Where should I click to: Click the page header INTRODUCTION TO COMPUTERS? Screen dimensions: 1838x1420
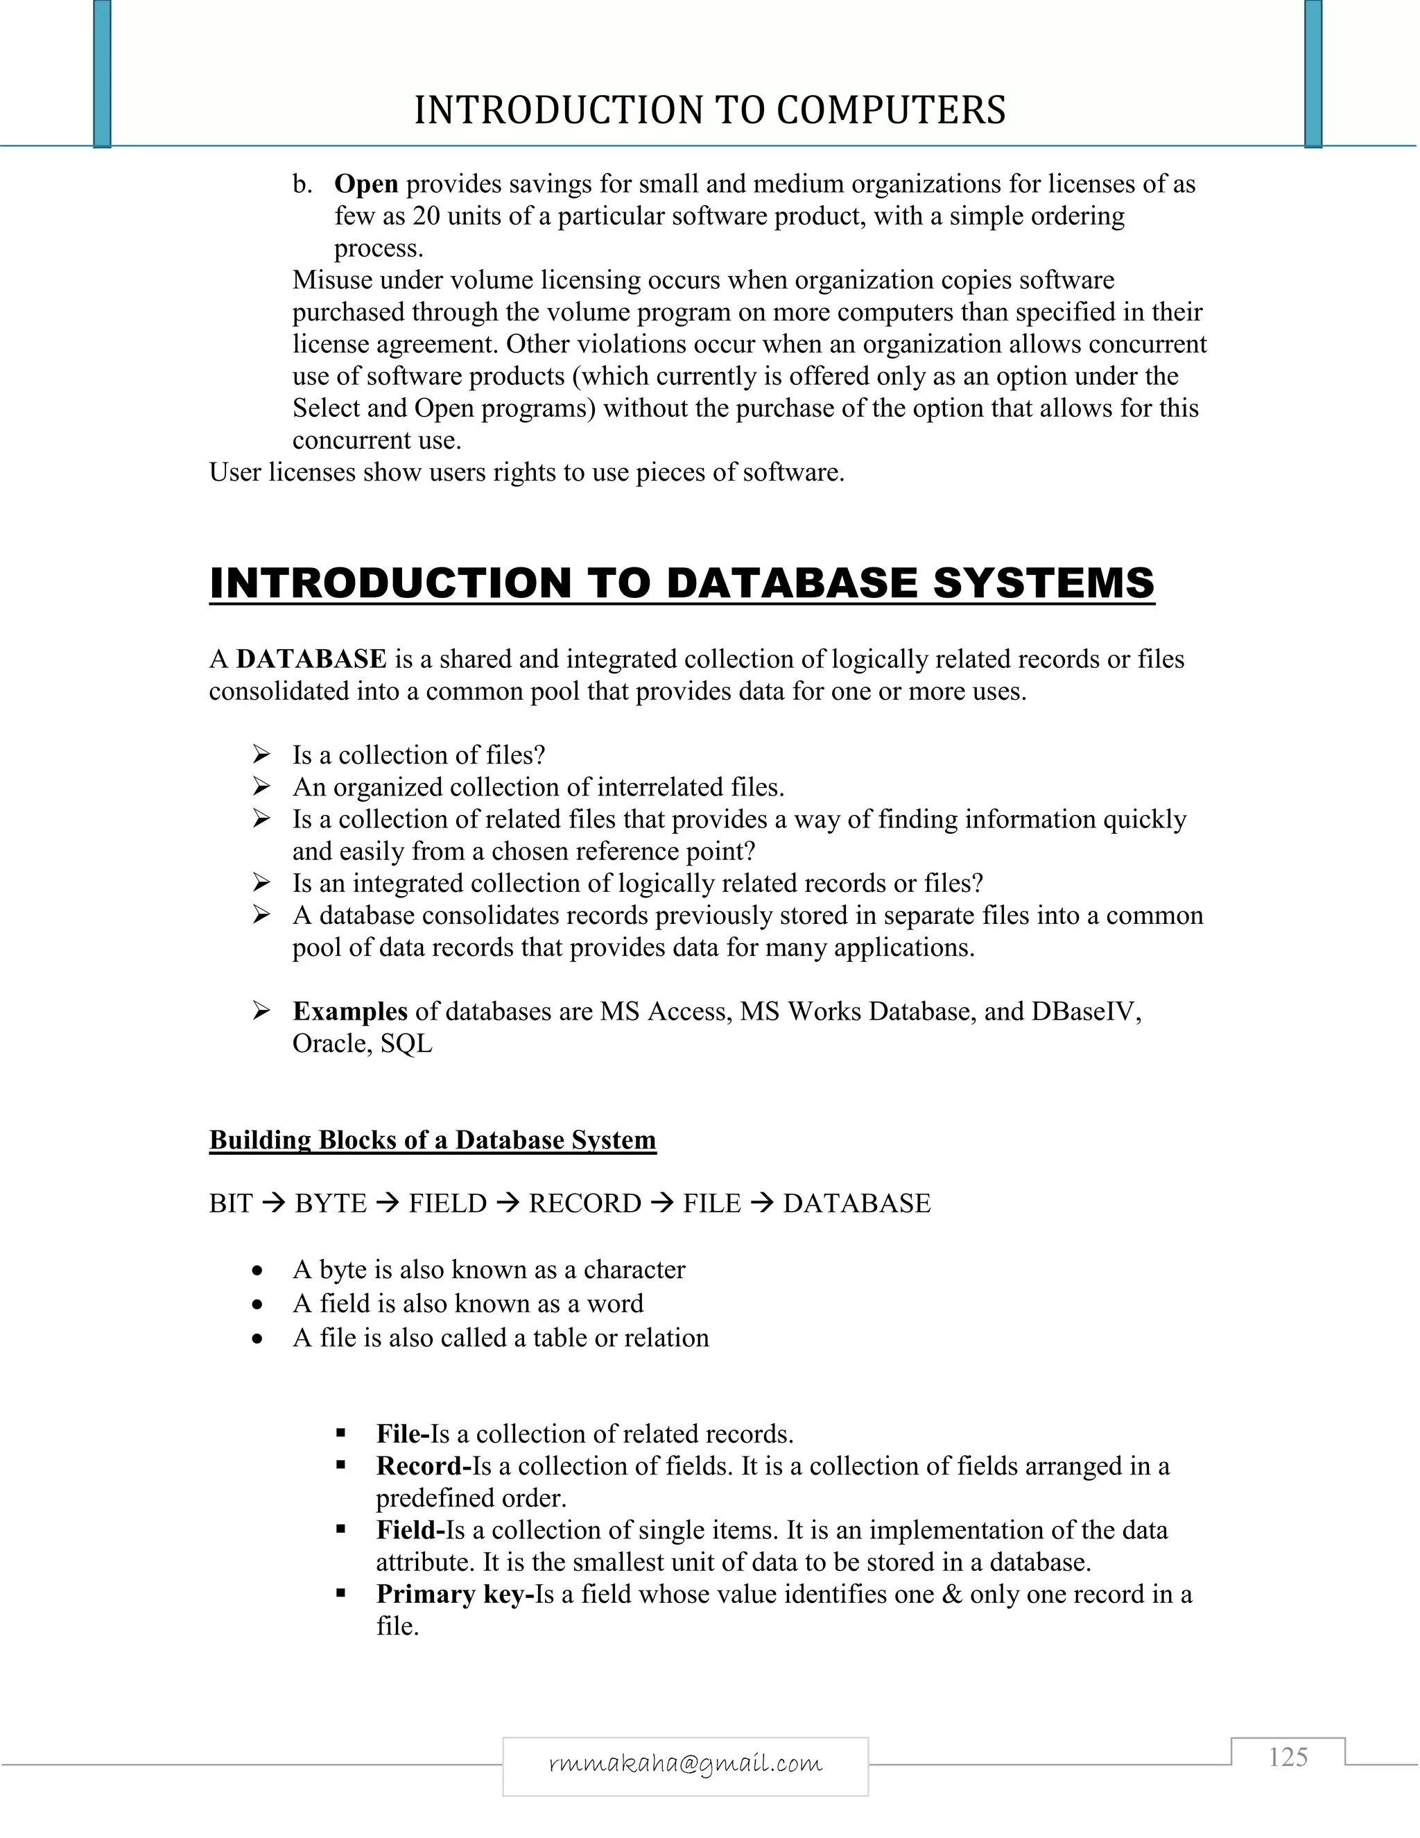click(x=709, y=110)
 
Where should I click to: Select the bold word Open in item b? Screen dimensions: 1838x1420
click(x=366, y=184)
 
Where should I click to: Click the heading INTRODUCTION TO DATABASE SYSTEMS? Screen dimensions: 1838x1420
click(x=682, y=583)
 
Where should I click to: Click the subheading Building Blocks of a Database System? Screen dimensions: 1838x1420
click(x=433, y=1140)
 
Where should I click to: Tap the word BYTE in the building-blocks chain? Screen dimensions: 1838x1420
click(x=331, y=1203)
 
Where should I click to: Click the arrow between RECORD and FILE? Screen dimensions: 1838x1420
click(x=662, y=1203)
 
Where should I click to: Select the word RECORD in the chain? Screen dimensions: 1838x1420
click(x=585, y=1203)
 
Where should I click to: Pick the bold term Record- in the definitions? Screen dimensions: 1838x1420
click(x=423, y=1466)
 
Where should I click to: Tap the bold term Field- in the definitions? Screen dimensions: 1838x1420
click(x=410, y=1530)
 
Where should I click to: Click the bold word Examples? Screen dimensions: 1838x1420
click(x=350, y=1011)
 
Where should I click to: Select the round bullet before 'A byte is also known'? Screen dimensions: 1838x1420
click(x=258, y=1271)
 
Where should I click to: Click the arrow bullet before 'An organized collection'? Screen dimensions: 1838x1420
click(x=261, y=787)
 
